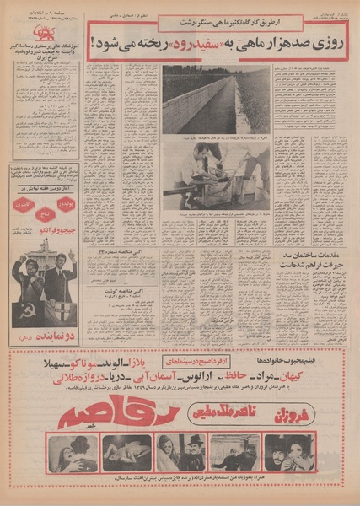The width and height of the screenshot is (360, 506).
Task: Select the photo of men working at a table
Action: click(216, 176)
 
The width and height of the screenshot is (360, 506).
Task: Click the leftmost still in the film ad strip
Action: click(73, 452)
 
